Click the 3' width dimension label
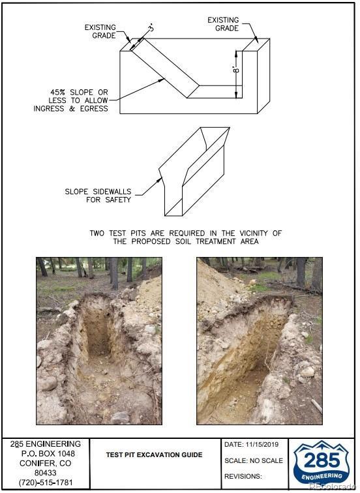tap(151, 28)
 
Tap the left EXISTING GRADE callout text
tap(100, 31)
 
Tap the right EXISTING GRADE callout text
tap(223, 24)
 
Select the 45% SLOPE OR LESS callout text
tap(70, 100)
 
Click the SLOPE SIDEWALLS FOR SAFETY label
tap(98, 196)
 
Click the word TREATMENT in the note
tap(215, 241)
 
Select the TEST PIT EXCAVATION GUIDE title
tap(154, 455)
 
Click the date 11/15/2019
tap(262, 445)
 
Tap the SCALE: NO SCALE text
tap(254, 460)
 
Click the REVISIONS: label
tap(243, 476)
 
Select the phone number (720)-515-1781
tap(46, 483)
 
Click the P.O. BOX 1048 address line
tap(48, 454)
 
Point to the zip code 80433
tap(46, 473)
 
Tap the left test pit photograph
tap(99, 341)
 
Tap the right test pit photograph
tap(260, 341)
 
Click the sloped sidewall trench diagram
tap(194, 172)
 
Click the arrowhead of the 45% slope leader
tap(162, 80)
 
